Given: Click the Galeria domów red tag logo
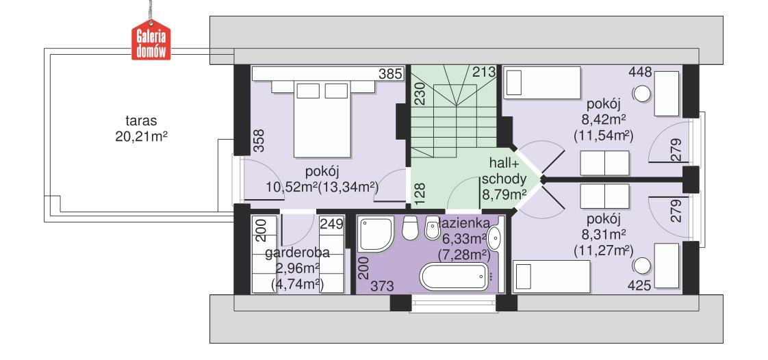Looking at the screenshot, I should [x=151, y=43].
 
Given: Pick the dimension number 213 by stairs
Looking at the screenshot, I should [x=483, y=72].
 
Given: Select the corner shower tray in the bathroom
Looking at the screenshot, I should [x=376, y=234].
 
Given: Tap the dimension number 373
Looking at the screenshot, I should [x=381, y=287].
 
